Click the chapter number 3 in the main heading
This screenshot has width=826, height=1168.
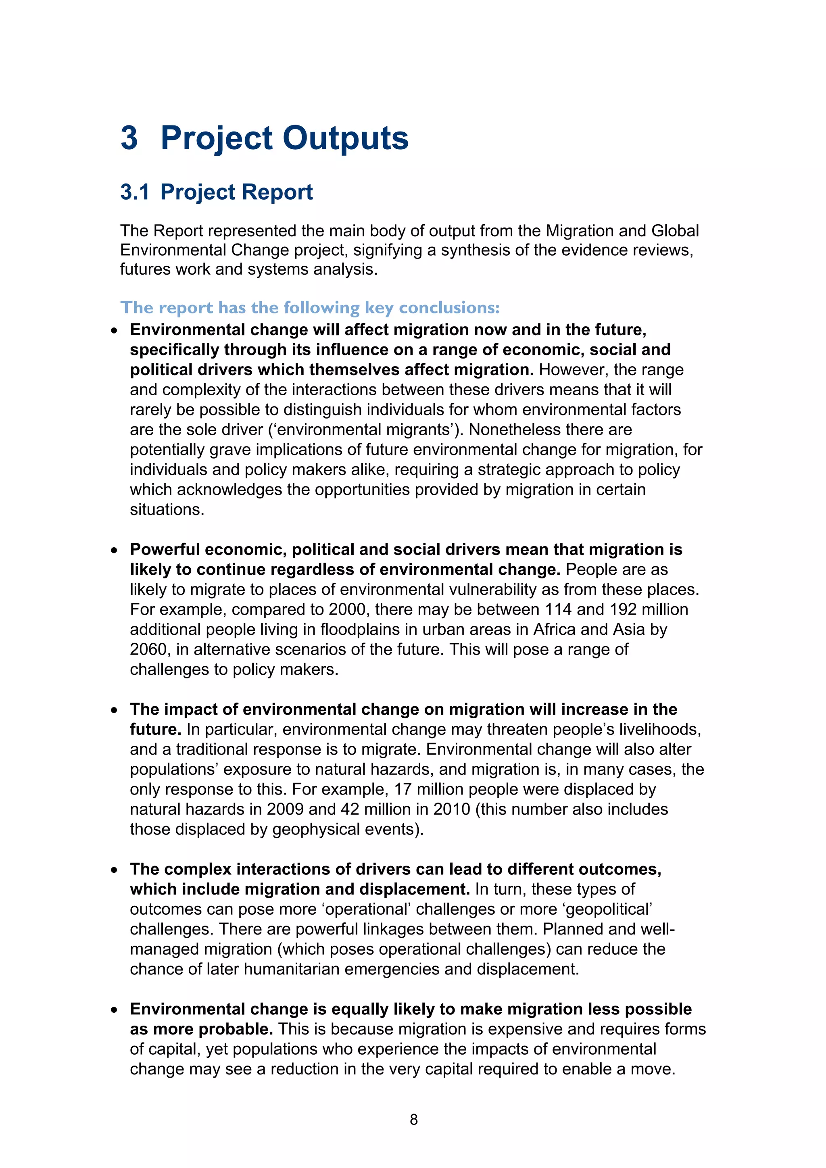click(x=129, y=138)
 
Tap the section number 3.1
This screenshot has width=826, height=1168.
click(x=135, y=192)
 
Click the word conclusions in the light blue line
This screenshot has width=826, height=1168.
click(x=449, y=308)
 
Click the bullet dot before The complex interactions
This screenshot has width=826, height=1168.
click(x=115, y=870)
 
